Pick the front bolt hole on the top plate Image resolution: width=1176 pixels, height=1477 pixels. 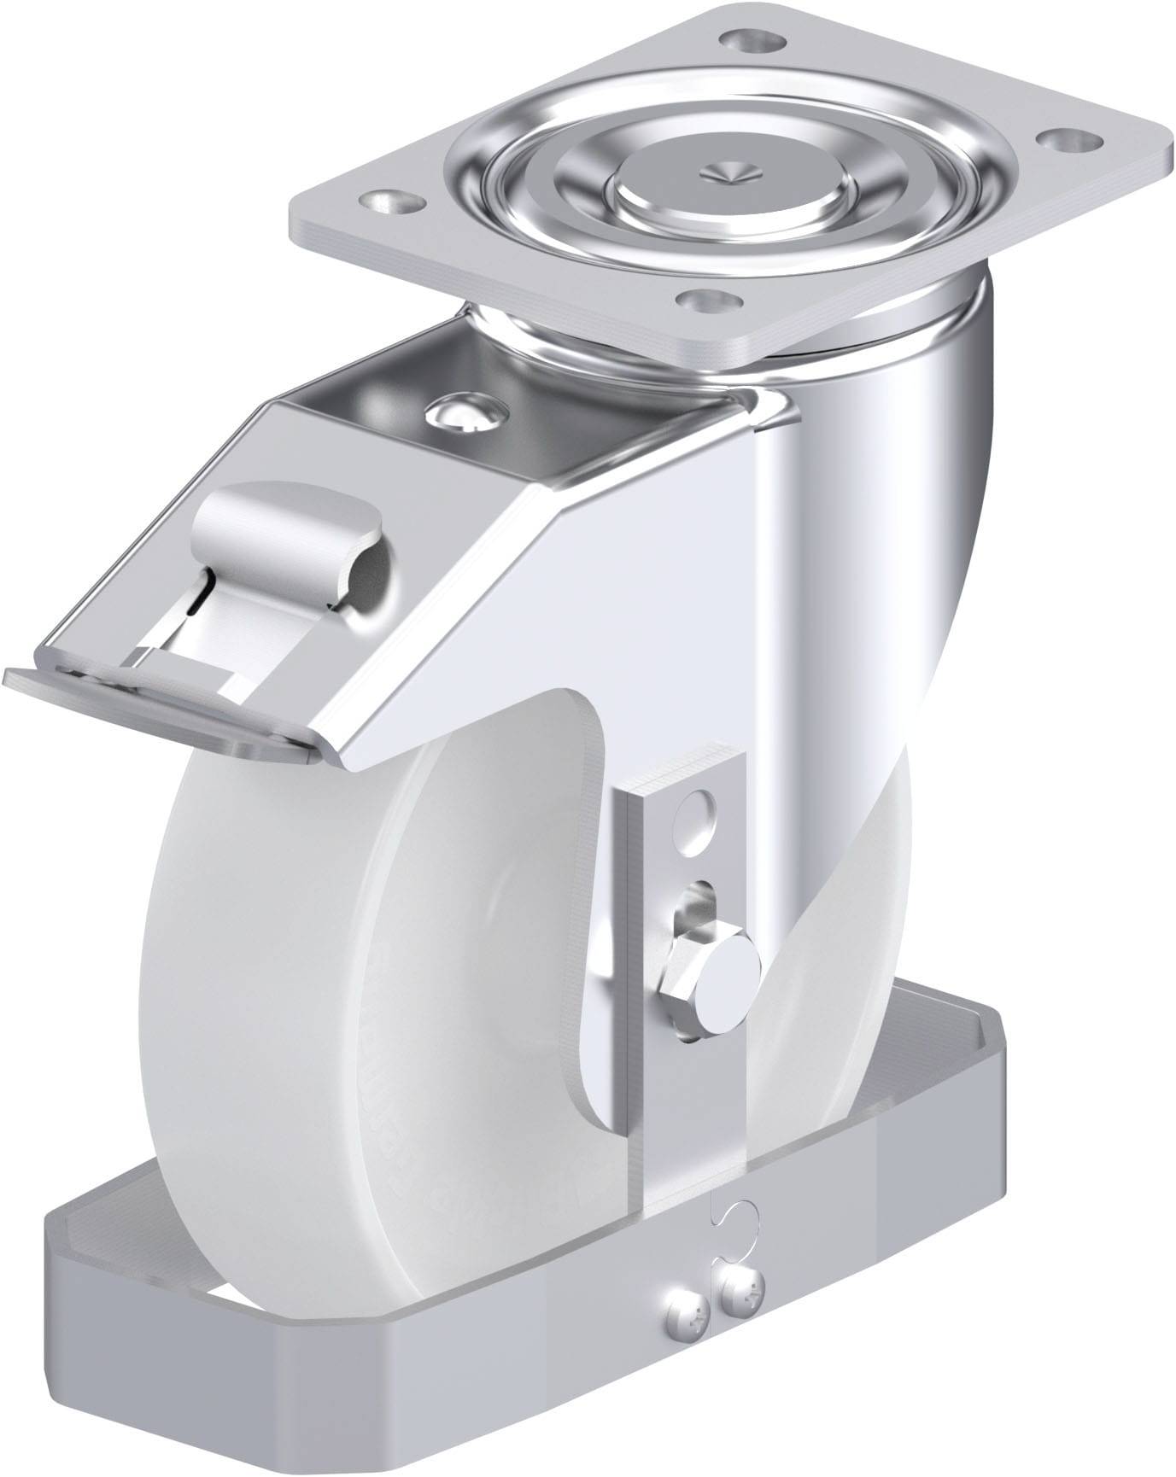[x=710, y=301]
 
